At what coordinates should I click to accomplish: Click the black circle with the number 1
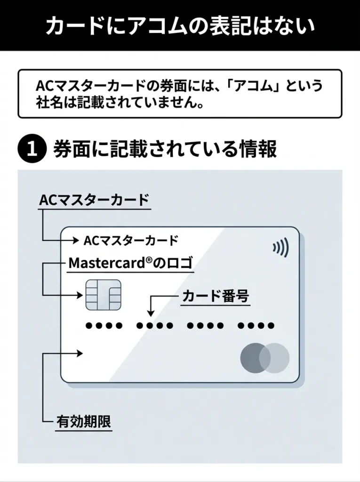click(32, 149)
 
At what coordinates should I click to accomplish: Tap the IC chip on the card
click(103, 295)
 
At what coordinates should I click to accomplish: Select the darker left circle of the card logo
click(256, 358)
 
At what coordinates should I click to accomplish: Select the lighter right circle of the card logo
click(274, 358)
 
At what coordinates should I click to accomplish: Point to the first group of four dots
click(104, 325)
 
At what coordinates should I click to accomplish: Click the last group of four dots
click(256, 325)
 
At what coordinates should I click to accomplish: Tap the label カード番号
click(215, 297)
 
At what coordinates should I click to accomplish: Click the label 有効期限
click(84, 422)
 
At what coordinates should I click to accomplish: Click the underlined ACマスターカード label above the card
click(93, 199)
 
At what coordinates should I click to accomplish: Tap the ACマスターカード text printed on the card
click(131, 241)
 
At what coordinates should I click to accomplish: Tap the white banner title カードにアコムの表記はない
click(180, 26)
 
